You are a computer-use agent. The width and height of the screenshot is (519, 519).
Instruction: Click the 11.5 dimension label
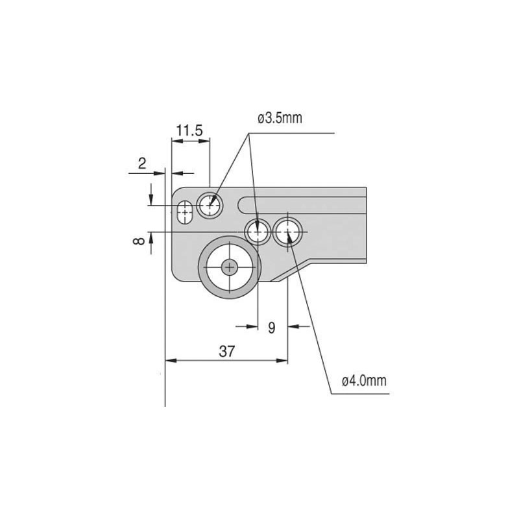(189, 130)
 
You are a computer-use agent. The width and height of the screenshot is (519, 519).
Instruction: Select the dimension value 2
(142, 163)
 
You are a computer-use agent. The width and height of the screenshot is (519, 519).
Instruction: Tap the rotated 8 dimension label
(139, 241)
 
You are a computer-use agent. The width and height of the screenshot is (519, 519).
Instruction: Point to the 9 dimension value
(271, 328)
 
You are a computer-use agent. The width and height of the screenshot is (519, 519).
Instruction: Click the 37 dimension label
(226, 351)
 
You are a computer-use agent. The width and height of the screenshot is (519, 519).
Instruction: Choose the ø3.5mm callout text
(280, 118)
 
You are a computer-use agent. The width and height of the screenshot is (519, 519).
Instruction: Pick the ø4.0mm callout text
(364, 381)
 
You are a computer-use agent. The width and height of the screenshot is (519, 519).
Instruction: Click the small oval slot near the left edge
(185, 212)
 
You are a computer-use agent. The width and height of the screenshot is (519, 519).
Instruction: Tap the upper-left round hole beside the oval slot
(210, 206)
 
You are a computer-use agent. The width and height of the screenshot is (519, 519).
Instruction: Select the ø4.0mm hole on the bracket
(287, 232)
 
